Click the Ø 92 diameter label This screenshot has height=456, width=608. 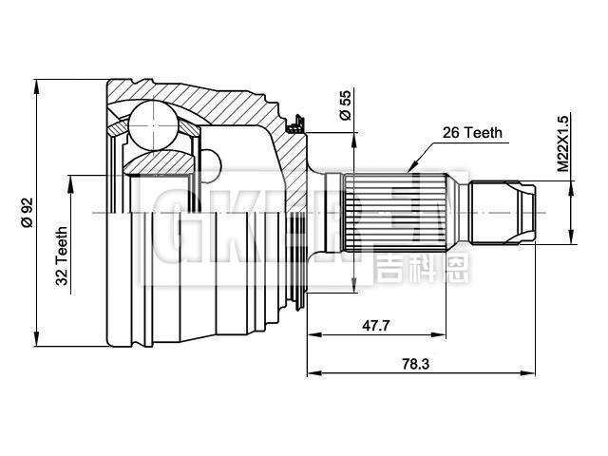coord(27,212)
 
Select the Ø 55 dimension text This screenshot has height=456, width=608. coord(345,104)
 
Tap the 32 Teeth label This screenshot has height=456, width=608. coord(62,256)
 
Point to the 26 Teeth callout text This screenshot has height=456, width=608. coord(472,133)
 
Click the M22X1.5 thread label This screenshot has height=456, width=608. coord(562,143)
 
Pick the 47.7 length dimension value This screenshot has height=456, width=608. coord(375,325)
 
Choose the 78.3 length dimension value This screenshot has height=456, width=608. coord(415,364)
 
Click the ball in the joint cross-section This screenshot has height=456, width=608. coord(154,124)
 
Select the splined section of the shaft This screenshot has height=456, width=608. coord(394,213)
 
